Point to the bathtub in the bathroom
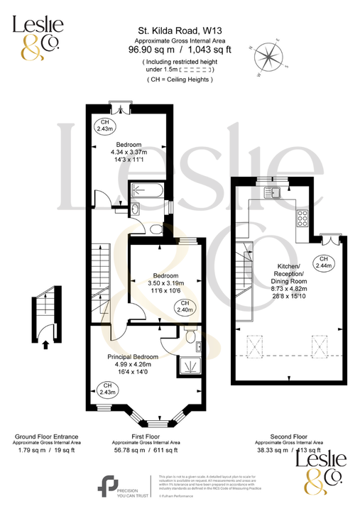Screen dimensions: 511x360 [x=147, y=190]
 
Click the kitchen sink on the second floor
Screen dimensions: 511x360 [x=273, y=192]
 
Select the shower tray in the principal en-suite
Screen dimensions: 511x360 [x=190, y=363]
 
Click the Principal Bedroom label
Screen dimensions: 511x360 [x=133, y=356]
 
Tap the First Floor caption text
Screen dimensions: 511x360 [x=145, y=436]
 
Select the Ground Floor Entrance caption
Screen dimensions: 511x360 [x=45, y=436]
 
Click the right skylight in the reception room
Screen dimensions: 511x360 [x=321, y=347]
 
